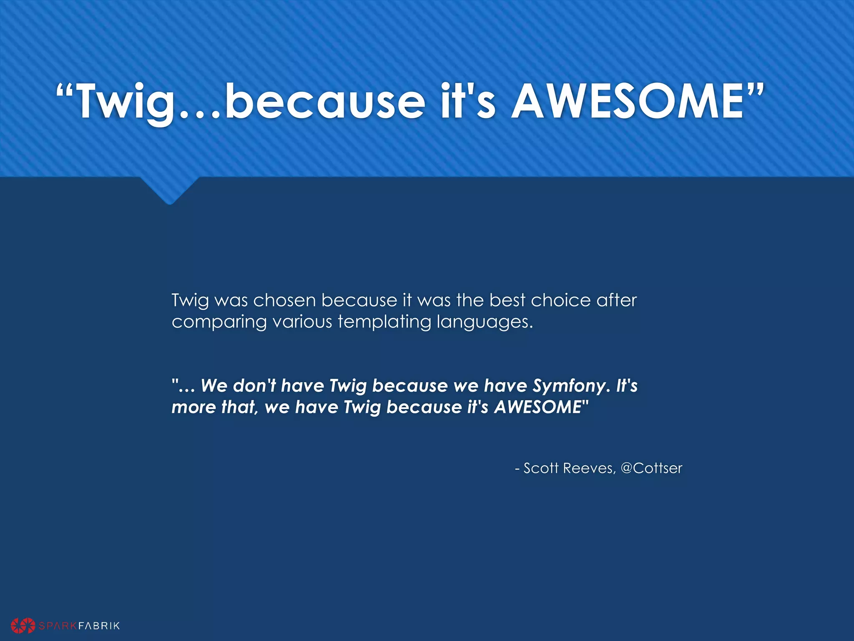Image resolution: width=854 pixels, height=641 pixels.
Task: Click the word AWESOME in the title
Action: [x=627, y=101]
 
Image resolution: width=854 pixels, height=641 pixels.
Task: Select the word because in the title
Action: [x=325, y=101]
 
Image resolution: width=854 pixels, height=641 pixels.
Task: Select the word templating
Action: [x=384, y=322]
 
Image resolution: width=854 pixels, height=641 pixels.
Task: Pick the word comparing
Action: [x=219, y=322]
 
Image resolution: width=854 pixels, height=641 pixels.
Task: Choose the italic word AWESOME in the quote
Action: [x=538, y=407]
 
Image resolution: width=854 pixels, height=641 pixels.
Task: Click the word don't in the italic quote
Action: [x=255, y=385]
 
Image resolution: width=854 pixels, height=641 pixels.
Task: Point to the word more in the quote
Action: [x=193, y=407]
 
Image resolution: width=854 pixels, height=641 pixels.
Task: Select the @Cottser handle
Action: [x=651, y=468]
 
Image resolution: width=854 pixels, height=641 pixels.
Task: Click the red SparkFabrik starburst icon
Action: [x=23, y=625]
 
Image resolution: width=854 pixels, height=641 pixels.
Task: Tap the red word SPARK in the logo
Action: [x=58, y=626]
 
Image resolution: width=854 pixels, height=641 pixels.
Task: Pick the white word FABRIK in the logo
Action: [x=99, y=626]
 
